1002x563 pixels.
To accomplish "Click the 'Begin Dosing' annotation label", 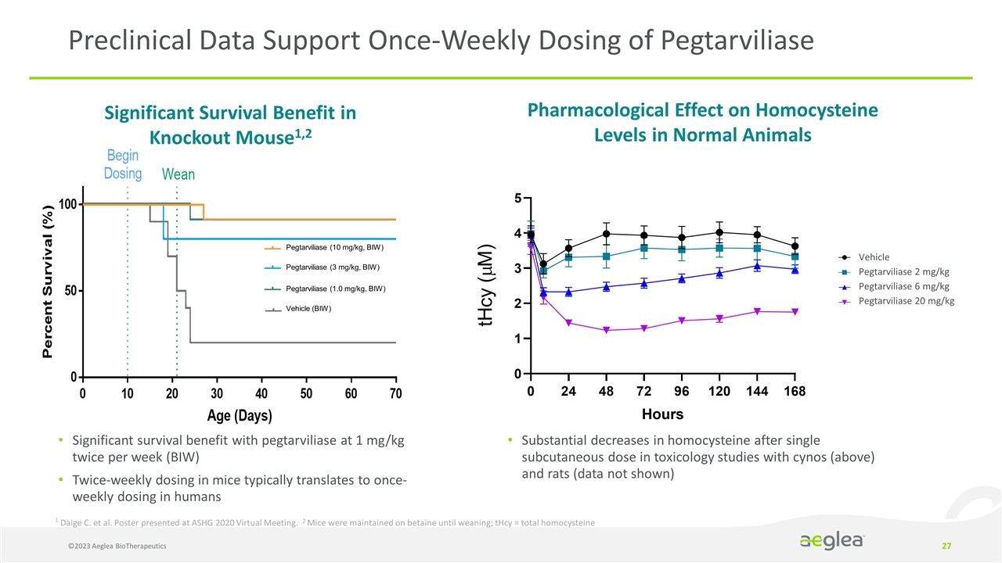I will click(x=124, y=164).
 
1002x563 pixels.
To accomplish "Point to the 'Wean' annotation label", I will click(x=178, y=174).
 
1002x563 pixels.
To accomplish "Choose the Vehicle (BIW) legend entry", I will click(x=308, y=309).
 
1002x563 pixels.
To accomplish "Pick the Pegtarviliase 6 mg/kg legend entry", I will click(x=903, y=286).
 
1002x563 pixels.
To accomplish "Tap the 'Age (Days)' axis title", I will click(x=240, y=414).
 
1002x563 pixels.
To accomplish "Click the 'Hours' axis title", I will click(x=662, y=414).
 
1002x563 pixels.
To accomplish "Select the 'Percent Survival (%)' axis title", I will click(x=49, y=282).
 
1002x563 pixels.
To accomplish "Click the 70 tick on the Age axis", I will click(x=395, y=393).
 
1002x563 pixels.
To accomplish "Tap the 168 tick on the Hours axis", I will click(x=795, y=390).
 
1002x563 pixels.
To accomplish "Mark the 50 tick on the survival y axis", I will click(x=69, y=291).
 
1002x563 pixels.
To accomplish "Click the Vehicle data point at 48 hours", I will click(x=607, y=234).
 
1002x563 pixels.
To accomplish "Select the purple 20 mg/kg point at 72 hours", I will click(x=643, y=328).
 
